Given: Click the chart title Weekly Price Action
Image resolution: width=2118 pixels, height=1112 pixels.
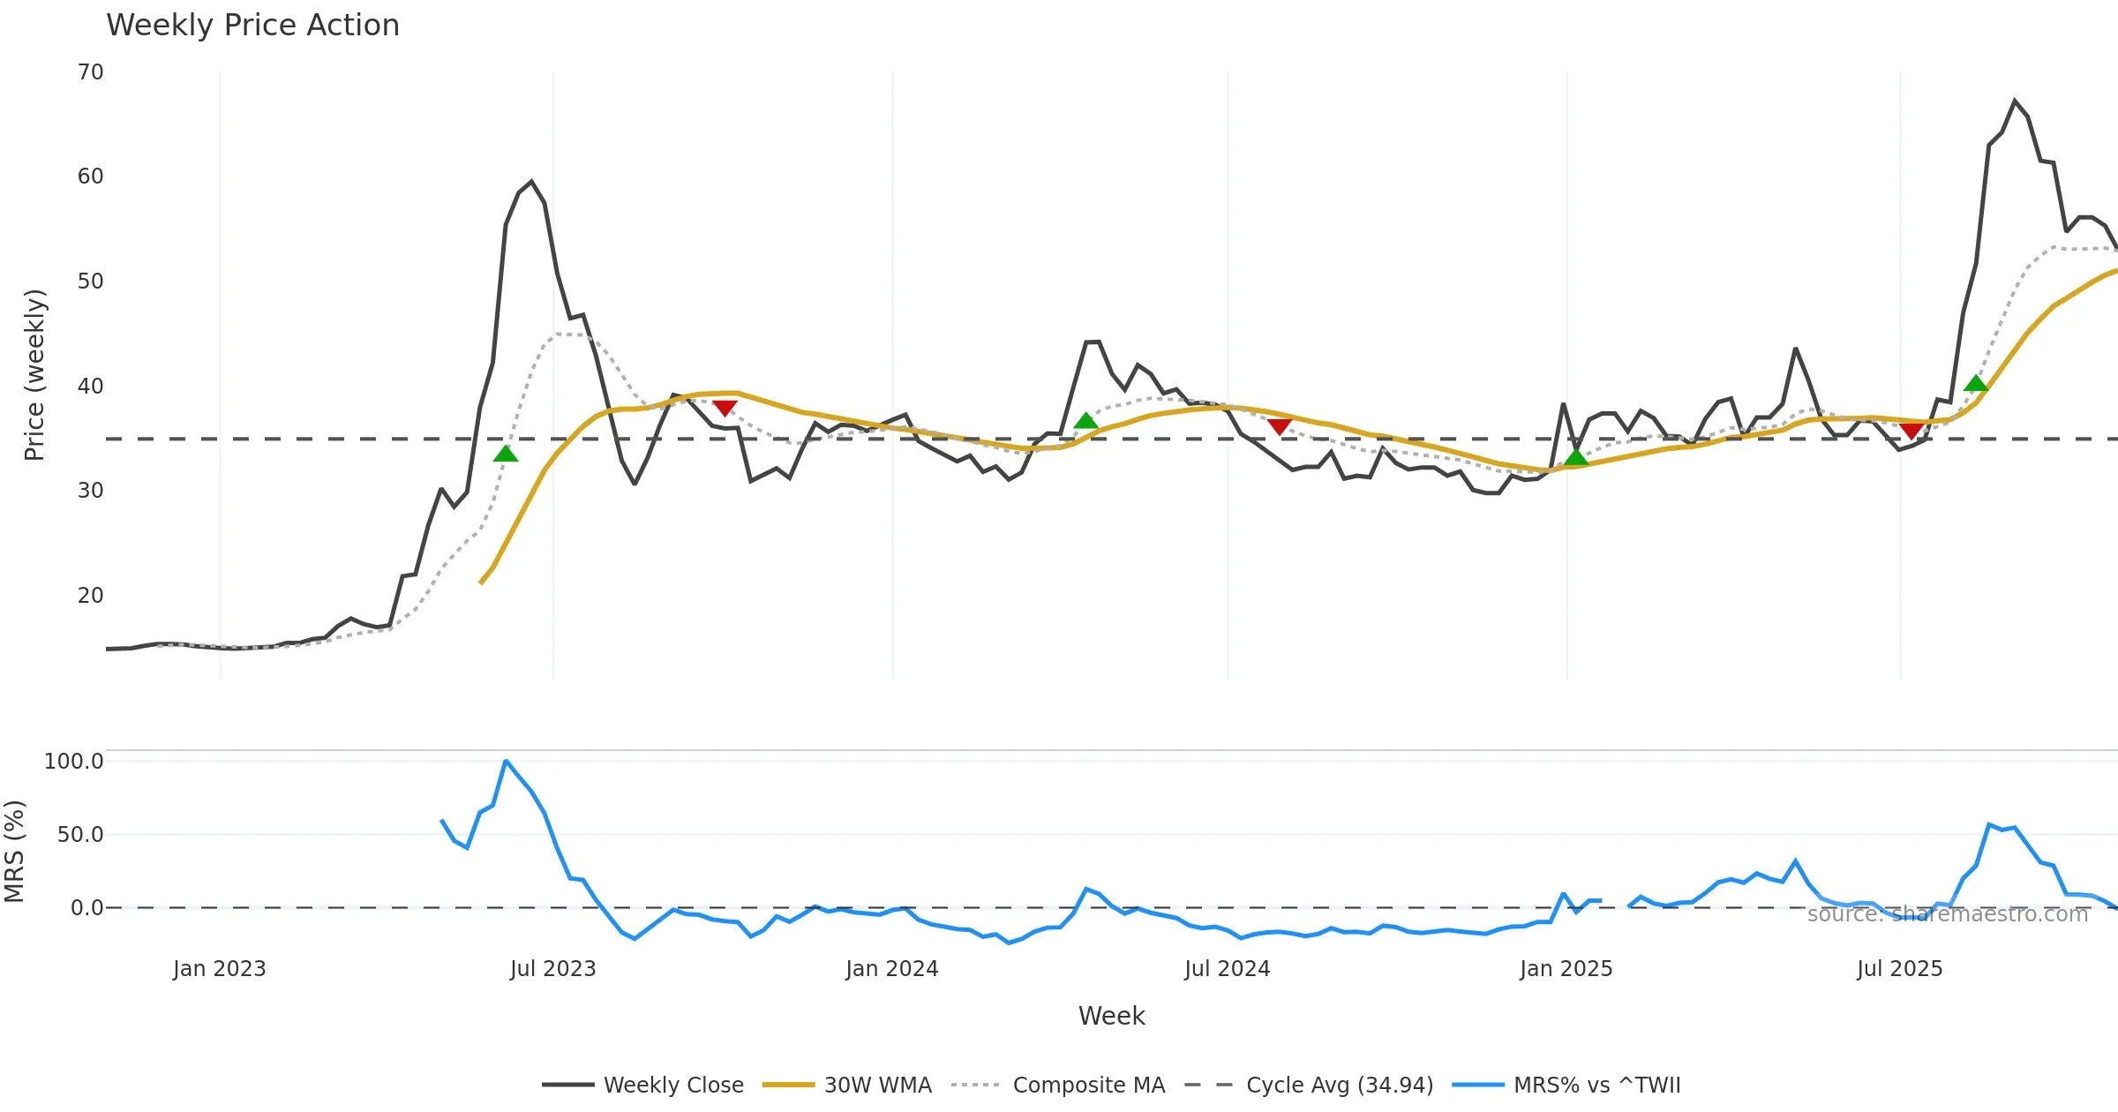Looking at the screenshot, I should point(252,26).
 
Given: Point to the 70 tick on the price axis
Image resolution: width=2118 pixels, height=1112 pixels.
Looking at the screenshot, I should point(90,72).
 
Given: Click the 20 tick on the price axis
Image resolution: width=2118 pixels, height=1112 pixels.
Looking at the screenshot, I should point(90,596).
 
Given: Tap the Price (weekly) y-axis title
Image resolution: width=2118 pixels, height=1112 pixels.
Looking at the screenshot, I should point(34,375).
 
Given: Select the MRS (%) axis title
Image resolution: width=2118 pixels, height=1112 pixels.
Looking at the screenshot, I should point(15,852).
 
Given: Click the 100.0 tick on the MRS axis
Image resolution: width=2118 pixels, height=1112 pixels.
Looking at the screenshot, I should point(73,762).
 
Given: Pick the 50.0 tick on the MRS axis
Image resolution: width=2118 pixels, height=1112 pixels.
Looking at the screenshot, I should point(79,835).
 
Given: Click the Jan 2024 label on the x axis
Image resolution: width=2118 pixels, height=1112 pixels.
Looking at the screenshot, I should point(891,969).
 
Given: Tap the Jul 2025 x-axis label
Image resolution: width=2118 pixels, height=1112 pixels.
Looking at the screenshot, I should point(1899,969).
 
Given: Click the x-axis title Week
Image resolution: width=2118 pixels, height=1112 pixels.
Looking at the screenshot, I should point(1111,1017).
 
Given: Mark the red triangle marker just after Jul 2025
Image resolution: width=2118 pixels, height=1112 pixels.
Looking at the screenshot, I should point(1911,432).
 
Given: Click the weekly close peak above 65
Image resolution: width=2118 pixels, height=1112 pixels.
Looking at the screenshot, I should point(2015,101).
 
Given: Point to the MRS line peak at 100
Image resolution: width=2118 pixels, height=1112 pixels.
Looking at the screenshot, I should point(506,761).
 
